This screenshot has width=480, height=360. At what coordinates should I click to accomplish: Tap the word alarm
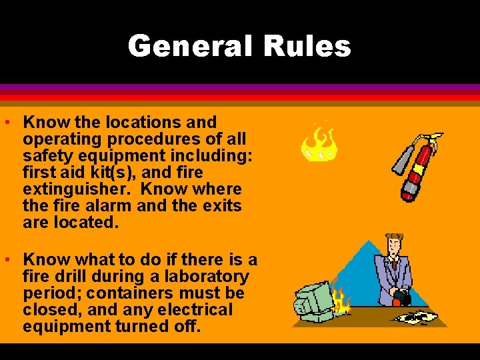click(x=107, y=206)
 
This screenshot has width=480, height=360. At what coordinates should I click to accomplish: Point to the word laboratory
click(x=207, y=277)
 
